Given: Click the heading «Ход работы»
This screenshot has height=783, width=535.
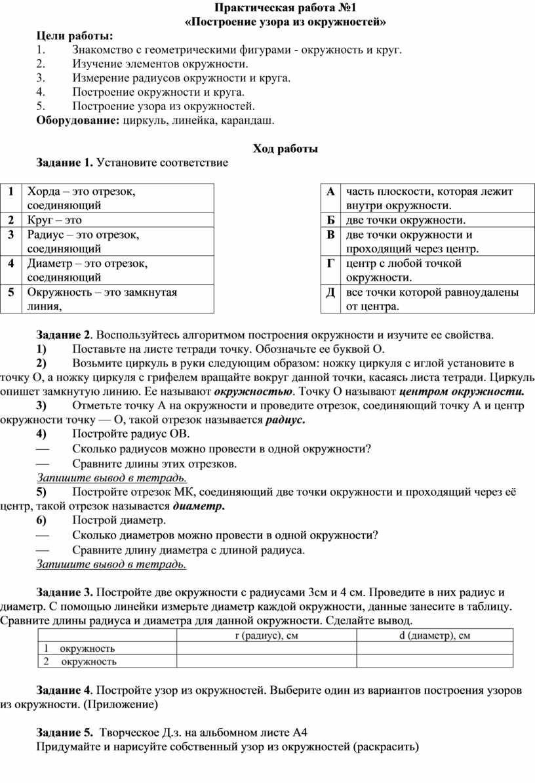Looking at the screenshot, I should pos(285,150).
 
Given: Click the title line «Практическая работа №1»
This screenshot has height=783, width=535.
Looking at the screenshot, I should pos(285,9).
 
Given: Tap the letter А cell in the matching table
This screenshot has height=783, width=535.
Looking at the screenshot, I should pos(330,191).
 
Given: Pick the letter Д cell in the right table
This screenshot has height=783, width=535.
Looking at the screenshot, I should pos(330,292).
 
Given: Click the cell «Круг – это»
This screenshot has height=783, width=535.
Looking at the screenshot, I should pos(55,220).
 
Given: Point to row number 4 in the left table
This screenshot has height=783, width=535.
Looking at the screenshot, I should pos(11,264).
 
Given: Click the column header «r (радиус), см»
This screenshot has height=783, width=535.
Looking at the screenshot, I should pos(267,635).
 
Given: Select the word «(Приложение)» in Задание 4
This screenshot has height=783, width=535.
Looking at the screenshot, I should pos(127,705).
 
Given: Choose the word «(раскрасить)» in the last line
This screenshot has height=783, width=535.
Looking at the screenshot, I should pos(385,747).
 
